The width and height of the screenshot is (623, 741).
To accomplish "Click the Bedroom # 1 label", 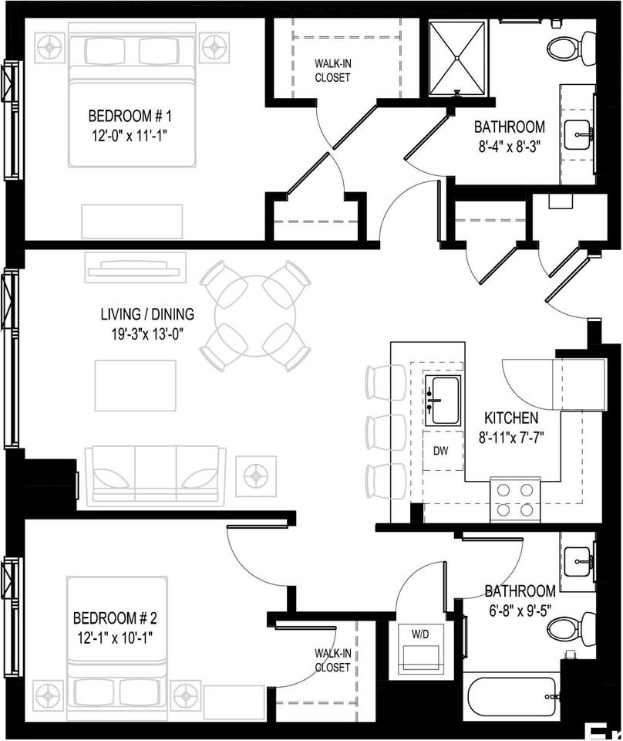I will pyautogui.click(x=129, y=117).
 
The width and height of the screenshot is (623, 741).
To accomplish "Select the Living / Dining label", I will pyautogui.click(x=147, y=314).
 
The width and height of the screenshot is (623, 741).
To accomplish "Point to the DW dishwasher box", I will pyautogui.click(x=441, y=451).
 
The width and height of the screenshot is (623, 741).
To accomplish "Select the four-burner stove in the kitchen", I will pyautogui.click(x=515, y=499).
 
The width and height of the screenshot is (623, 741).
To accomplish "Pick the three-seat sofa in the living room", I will pyautogui.click(x=155, y=476).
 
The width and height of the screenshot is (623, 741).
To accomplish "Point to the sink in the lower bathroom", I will pyautogui.click(x=578, y=563).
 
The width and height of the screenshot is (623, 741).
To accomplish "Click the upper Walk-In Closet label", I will pyautogui.click(x=332, y=71).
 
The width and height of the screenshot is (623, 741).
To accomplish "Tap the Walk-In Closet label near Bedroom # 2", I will pyautogui.click(x=332, y=661).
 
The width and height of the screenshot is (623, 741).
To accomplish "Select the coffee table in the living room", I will pyautogui.click(x=135, y=385).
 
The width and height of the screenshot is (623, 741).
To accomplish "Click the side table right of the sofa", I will pyautogui.click(x=255, y=476).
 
